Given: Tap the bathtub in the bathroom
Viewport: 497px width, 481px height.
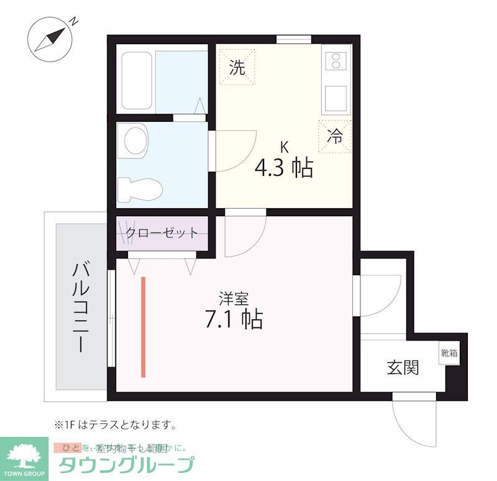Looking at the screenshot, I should point(137,81).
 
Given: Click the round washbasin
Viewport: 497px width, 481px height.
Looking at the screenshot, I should point(136,140).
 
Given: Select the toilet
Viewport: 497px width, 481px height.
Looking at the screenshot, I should point(140,186).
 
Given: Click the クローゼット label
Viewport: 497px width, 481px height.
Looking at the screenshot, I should point(162,233).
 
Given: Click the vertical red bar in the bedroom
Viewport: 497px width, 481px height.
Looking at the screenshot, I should point(144,327).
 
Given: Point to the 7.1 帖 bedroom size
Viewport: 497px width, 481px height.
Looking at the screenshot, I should point(234,319).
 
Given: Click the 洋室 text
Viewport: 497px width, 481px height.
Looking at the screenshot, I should point(234,298).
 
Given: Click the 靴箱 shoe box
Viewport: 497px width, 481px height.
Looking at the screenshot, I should point(449,354).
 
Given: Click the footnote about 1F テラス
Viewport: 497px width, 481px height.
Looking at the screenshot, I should point(116,426).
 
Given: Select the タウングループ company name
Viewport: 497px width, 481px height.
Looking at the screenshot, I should point(126,465).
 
